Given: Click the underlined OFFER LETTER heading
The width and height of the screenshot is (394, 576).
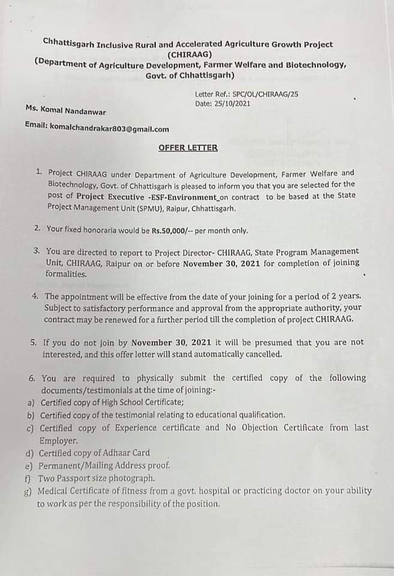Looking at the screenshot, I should tap(188, 147).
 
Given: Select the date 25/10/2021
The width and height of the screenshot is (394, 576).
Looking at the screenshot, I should tap(230, 103).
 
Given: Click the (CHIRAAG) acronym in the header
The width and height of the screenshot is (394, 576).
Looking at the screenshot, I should tap(189, 53).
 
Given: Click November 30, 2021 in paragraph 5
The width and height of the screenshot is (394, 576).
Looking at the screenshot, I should tap(171, 342).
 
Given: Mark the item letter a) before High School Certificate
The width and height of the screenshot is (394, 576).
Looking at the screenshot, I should tap(30, 402).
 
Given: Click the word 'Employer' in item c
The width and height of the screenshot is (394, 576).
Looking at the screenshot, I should tap(58, 440).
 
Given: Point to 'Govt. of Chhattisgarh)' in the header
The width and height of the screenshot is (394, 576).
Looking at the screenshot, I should tap(190, 75).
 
